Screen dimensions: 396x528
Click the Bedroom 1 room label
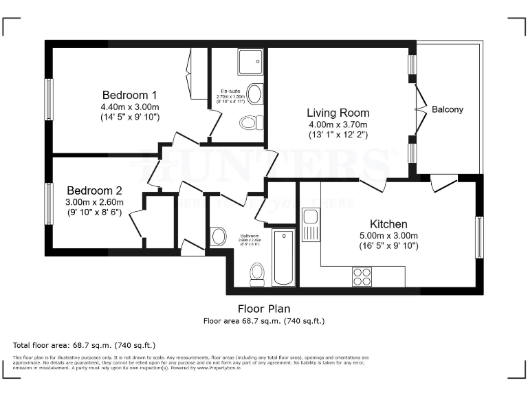(x=130, y=95)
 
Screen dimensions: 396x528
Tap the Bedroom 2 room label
(x=94, y=190)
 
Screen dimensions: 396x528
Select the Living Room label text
(x=338, y=113)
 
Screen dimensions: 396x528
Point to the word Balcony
(x=448, y=109)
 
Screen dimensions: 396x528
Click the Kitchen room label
(x=388, y=224)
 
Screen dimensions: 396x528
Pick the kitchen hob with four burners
(x=362, y=276)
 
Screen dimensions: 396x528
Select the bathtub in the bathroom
(x=283, y=257)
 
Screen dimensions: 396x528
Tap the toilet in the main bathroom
(x=257, y=274)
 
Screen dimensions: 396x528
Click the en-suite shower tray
(x=250, y=63)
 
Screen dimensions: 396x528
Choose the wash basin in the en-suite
(x=254, y=94)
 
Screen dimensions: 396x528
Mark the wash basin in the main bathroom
(x=219, y=236)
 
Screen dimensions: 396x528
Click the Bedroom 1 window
(x=49, y=100)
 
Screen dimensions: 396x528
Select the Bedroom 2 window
(x=49, y=203)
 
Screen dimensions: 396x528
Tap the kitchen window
(x=480, y=236)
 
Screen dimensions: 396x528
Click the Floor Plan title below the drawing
(x=263, y=309)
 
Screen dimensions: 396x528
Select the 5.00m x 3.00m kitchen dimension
(x=388, y=236)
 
